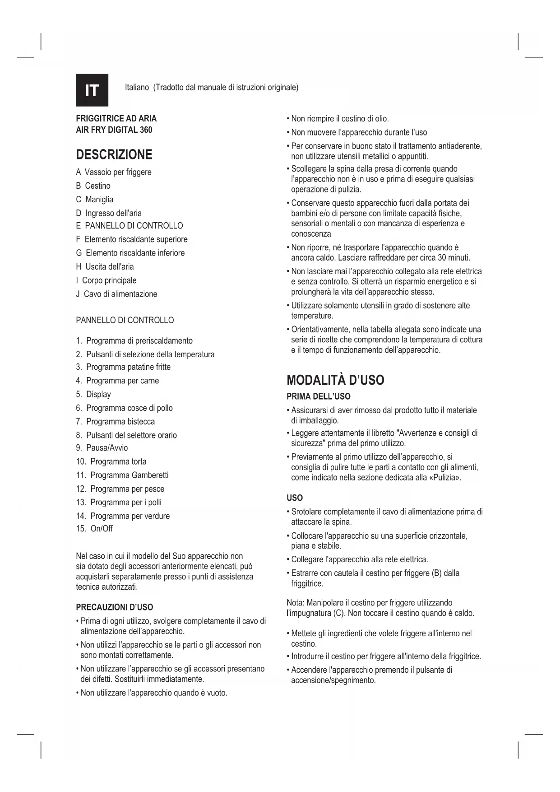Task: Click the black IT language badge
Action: tap(92, 90)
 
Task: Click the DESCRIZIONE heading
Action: tap(114, 154)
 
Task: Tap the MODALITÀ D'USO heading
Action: tap(335, 380)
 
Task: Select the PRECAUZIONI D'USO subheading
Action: tap(114, 607)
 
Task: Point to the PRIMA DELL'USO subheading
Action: tap(318, 396)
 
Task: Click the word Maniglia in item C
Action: tap(99, 199)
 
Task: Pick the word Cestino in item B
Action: tap(97, 186)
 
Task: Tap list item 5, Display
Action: tap(98, 394)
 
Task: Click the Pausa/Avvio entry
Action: tap(107, 447)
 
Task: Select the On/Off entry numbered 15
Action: tap(102, 528)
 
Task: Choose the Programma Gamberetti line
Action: tap(130, 475)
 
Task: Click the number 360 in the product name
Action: tap(146, 130)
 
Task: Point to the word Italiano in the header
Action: tap(137, 87)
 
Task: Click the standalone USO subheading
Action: tap(295, 498)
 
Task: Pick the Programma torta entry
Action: tap(118, 461)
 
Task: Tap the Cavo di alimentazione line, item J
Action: tap(120, 294)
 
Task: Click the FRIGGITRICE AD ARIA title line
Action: tap(116, 119)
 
